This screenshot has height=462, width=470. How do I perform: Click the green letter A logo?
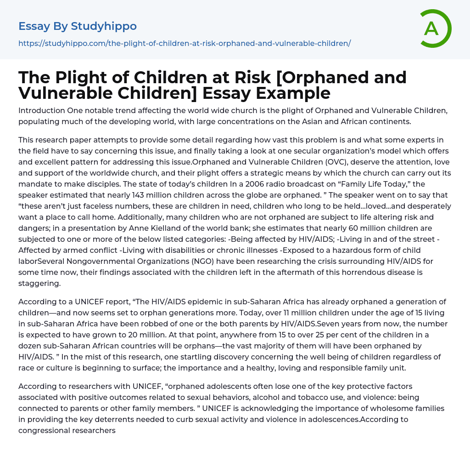[435, 29]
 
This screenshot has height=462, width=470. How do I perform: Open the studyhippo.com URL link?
[185, 43]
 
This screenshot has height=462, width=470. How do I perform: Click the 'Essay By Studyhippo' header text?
[78, 26]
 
